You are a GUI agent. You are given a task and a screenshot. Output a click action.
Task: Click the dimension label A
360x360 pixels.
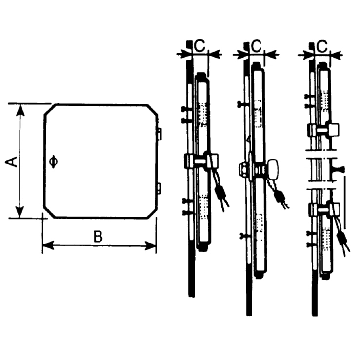pyautogui.click(x=13, y=161)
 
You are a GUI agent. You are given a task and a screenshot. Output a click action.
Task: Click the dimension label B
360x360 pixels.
pyautogui.click(x=98, y=237)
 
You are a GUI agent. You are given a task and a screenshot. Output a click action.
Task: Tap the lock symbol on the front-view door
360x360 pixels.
pyautogui.click(x=54, y=161)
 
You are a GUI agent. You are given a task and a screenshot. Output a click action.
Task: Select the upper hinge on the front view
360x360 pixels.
pyautogui.click(x=159, y=133)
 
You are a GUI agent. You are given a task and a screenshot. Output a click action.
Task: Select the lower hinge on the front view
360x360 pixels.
pyautogui.click(x=159, y=188)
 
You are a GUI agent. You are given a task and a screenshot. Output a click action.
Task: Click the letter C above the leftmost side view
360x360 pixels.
pyautogui.click(x=200, y=46)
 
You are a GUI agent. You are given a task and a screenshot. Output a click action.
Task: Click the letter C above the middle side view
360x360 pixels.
pyautogui.click(x=257, y=46)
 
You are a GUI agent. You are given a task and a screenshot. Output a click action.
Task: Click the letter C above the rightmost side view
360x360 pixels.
pyautogui.click(x=322, y=46)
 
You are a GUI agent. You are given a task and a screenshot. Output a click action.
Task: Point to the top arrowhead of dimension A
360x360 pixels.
pyautogui.click(x=20, y=110)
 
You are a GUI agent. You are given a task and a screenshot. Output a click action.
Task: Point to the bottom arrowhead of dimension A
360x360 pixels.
pyautogui.click(x=20, y=212)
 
